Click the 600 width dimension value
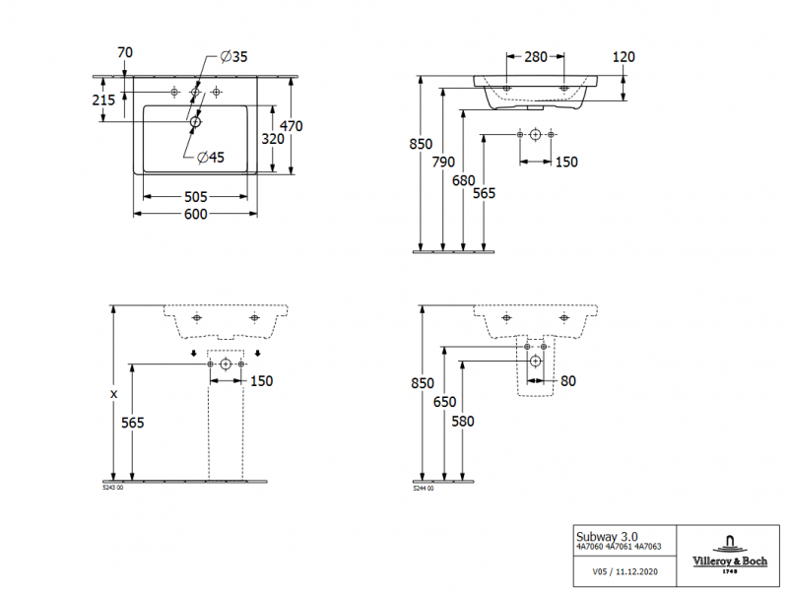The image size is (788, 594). click(196, 216)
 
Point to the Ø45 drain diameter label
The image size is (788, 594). click(210, 156)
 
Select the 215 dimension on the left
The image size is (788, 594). click(103, 99)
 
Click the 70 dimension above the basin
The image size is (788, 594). click(124, 52)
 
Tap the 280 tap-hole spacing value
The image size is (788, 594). click(536, 56)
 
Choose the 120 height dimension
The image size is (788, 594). click(623, 56)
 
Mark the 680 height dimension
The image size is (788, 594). click(464, 180)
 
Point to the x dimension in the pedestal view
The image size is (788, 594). click(114, 392)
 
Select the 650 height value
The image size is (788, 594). click(445, 401)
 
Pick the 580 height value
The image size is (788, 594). click(463, 421)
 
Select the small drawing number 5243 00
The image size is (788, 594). click(113, 489)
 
